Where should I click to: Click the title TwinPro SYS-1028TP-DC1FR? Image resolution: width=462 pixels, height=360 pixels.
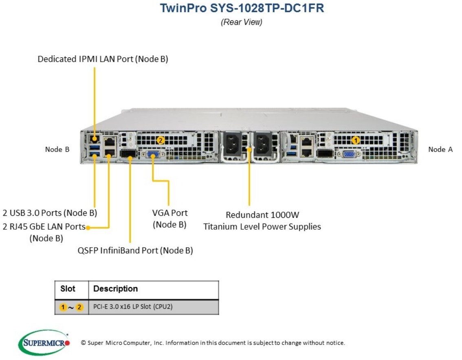(x=242, y=8)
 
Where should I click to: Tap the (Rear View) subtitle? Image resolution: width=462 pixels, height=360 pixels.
(x=241, y=22)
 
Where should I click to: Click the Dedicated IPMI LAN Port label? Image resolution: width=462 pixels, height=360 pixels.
(x=103, y=59)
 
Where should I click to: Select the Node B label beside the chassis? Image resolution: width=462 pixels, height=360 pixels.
(x=57, y=149)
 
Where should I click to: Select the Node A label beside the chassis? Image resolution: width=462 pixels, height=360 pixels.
(x=440, y=149)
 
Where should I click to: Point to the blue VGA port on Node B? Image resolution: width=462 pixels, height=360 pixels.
(x=153, y=154)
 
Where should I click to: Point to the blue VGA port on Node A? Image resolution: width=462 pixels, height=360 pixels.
(x=349, y=154)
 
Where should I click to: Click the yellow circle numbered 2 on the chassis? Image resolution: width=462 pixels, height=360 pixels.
(x=160, y=140)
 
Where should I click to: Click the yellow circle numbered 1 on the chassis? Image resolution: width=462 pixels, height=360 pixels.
(x=356, y=140)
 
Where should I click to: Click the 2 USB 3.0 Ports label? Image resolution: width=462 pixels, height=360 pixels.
(x=50, y=213)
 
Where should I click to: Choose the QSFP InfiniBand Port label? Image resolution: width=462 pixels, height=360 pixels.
(x=135, y=250)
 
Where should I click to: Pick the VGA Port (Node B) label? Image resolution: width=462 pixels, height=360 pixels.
(x=170, y=219)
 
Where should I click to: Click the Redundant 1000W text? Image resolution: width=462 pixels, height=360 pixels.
(x=262, y=215)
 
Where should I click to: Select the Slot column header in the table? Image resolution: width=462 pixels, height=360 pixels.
(x=68, y=289)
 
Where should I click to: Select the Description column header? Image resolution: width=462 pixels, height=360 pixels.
(x=116, y=289)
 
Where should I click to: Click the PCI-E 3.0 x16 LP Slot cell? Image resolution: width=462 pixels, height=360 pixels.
(x=133, y=307)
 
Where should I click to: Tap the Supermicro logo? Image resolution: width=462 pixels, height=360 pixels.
(x=44, y=342)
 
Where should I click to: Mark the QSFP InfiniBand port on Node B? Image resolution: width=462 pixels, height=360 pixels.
(x=129, y=154)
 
